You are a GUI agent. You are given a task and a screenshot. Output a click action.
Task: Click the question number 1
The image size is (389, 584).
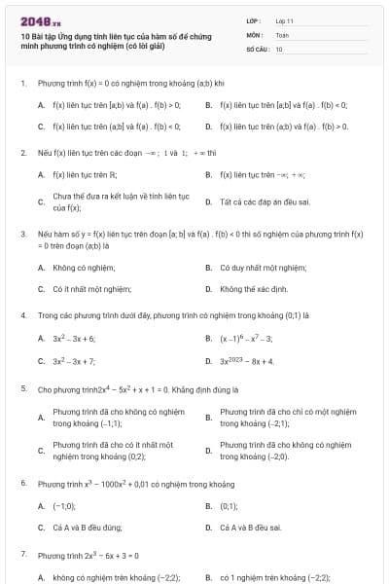pos(22,84)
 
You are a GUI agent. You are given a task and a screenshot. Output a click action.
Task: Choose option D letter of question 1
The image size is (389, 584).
pos(208,127)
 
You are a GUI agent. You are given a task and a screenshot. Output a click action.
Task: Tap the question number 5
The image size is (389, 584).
pos(22,388)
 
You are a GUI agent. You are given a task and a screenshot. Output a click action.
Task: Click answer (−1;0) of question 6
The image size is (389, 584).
pos(64,506)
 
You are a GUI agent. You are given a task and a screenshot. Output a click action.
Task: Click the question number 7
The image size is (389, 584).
pos(22,554)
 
